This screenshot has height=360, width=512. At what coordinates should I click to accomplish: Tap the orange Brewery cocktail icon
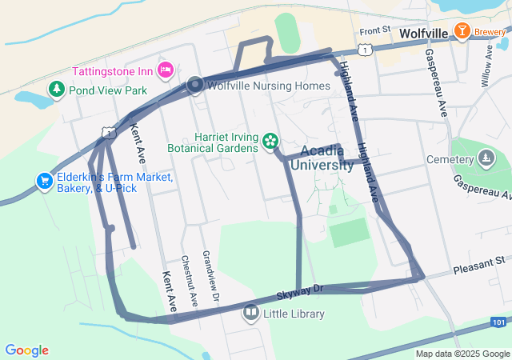[x=462, y=31]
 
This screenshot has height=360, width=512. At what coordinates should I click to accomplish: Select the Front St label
[x=374, y=32]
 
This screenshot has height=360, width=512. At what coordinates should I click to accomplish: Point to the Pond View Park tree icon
[x=56, y=90]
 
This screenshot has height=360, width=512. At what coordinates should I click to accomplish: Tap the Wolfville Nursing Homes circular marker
[x=195, y=86]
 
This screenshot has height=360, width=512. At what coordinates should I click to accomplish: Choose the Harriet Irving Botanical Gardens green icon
[x=270, y=142]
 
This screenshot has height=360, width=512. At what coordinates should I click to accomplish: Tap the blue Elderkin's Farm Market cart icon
[x=44, y=182]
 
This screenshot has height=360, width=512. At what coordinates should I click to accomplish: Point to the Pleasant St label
[x=478, y=261]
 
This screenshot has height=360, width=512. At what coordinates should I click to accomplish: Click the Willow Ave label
[x=487, y=66]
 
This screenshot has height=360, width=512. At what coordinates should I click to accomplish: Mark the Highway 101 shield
[x=497, y=321]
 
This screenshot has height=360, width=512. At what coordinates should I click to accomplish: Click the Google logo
[x=26, y=350]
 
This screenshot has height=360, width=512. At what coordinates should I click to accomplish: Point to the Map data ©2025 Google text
[x=462, y=354]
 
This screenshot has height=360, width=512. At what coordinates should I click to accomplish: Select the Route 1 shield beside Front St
[x=365, y=50]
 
